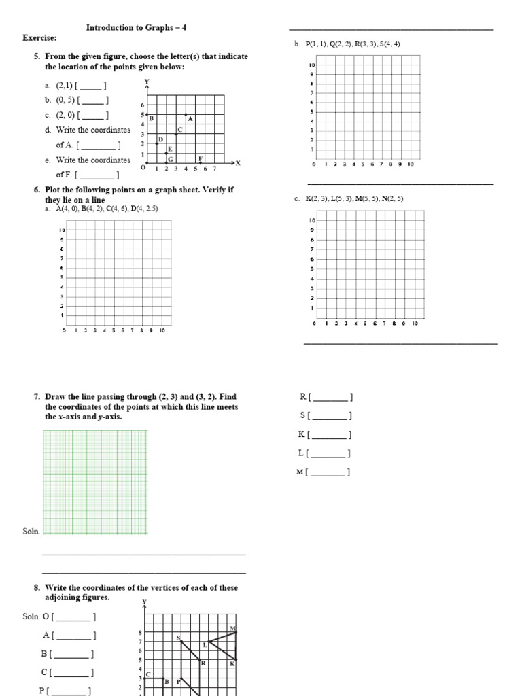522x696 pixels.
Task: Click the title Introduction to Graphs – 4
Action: (136, 28)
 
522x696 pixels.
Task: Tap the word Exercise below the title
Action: (39, 38)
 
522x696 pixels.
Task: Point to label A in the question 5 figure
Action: (190, 118)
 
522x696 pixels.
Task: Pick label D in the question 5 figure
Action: (160, 139)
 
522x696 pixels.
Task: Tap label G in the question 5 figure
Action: (171, 158)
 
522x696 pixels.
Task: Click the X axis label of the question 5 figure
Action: (238, 163)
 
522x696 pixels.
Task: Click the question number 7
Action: (37, 396)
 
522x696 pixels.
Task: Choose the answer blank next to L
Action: (330, 453)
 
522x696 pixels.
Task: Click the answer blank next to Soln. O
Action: (75, 617)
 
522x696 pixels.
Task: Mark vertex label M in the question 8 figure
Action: (232, 629)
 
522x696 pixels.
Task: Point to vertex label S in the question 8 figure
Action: (179, 638)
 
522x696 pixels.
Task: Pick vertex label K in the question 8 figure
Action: (232, 663)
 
